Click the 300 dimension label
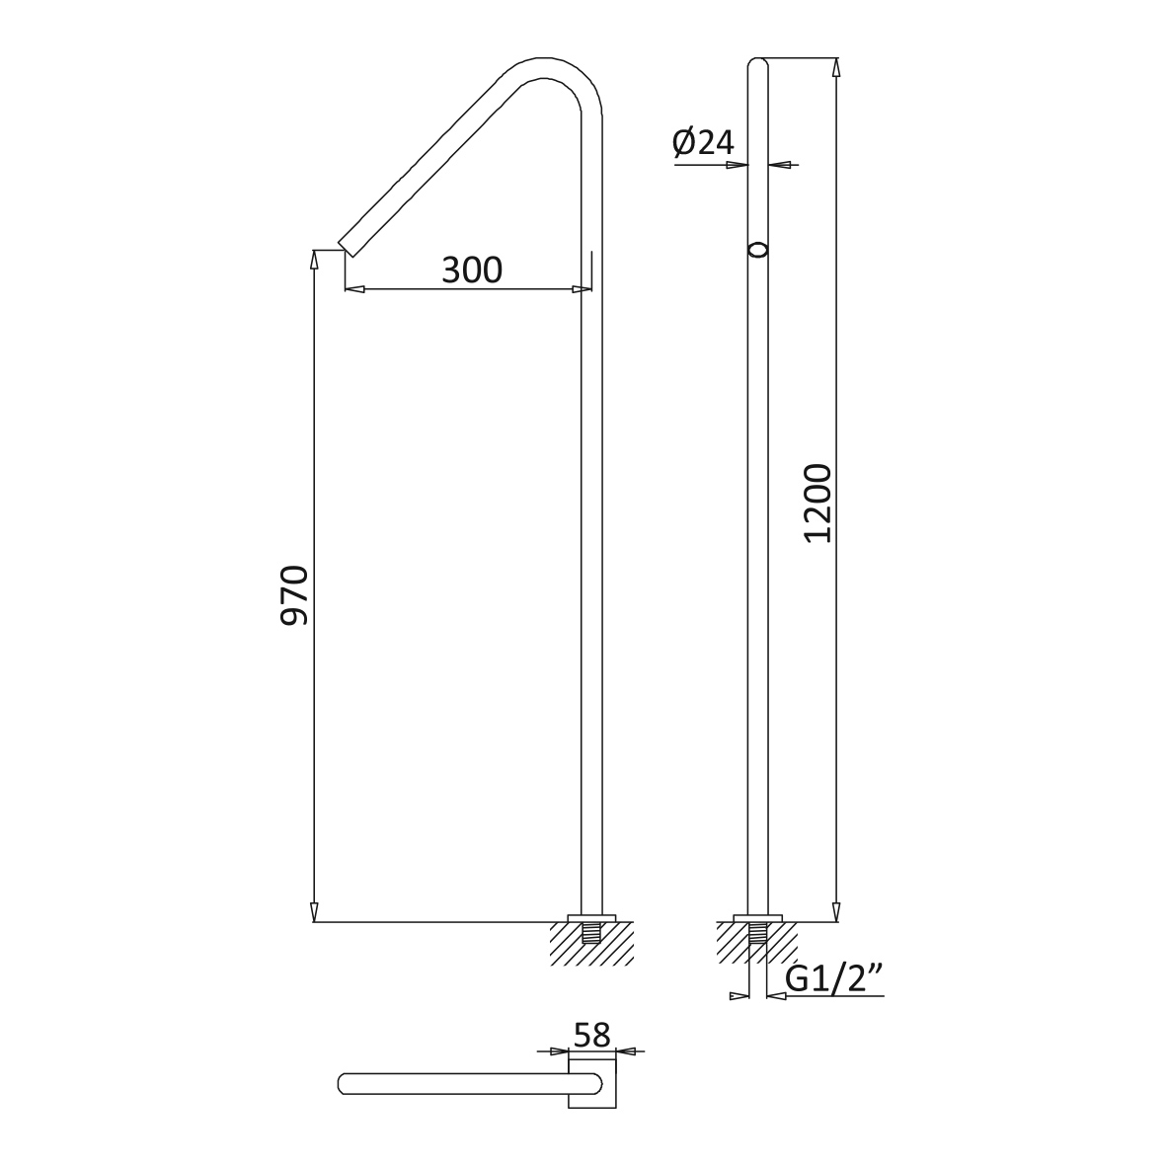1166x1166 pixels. click(472, 270)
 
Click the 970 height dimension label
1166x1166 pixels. click(294, 595)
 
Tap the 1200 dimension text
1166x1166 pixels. click(818, 504)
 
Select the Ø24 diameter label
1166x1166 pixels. click(703, 142)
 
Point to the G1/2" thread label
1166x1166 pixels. click(833, 980)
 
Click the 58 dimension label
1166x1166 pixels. click(592, 1035)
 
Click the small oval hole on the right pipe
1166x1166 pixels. click(757, 250)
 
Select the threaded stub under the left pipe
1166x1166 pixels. click(591, 932)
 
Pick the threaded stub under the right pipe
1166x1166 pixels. click(757, 932)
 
